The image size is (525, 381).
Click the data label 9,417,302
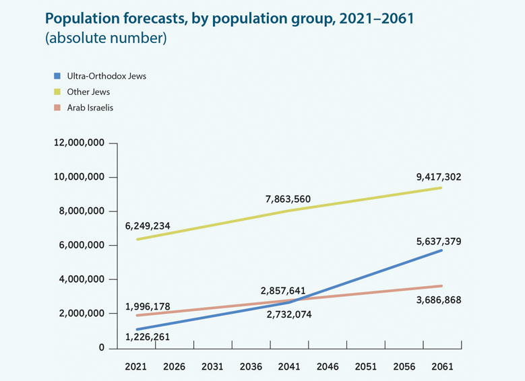[x=439, y=178]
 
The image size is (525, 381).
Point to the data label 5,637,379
[x=439, y=242]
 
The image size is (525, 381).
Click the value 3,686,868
[x=439, y=300]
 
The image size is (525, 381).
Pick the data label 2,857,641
[x=283, y=291]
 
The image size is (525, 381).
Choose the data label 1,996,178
[x=148, y=307]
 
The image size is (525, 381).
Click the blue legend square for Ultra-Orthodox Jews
[x=59, y=76]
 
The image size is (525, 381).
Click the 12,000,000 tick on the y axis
[x=79, y=143]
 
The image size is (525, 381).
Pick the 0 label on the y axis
[x=101, y=348]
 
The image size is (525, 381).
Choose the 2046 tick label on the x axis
[x=328, y=367]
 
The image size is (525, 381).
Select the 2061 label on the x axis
[x=443, y=367]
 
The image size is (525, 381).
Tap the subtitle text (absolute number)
[x=106, y=38]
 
